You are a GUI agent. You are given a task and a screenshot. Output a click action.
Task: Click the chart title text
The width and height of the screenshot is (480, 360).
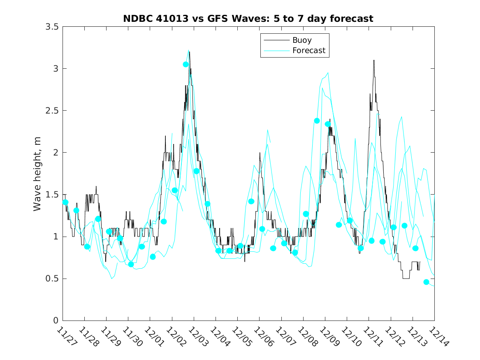[x=248, y=19]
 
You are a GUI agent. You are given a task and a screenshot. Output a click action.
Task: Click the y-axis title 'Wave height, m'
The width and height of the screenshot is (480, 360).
[x=37, y=174]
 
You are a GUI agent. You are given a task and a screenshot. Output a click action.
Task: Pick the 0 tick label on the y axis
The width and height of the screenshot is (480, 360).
[x=56, y=321]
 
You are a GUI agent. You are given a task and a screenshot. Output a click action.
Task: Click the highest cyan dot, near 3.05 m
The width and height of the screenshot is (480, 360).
[x=186, y=64]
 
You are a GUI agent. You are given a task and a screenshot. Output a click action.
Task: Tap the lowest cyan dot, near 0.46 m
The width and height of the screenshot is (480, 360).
[x=426, y=282]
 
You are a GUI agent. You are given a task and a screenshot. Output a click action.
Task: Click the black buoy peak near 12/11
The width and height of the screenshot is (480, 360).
[x=374, y=60]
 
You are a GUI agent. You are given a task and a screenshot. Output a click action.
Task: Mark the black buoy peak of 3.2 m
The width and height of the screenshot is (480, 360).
[x=190, y=52]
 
